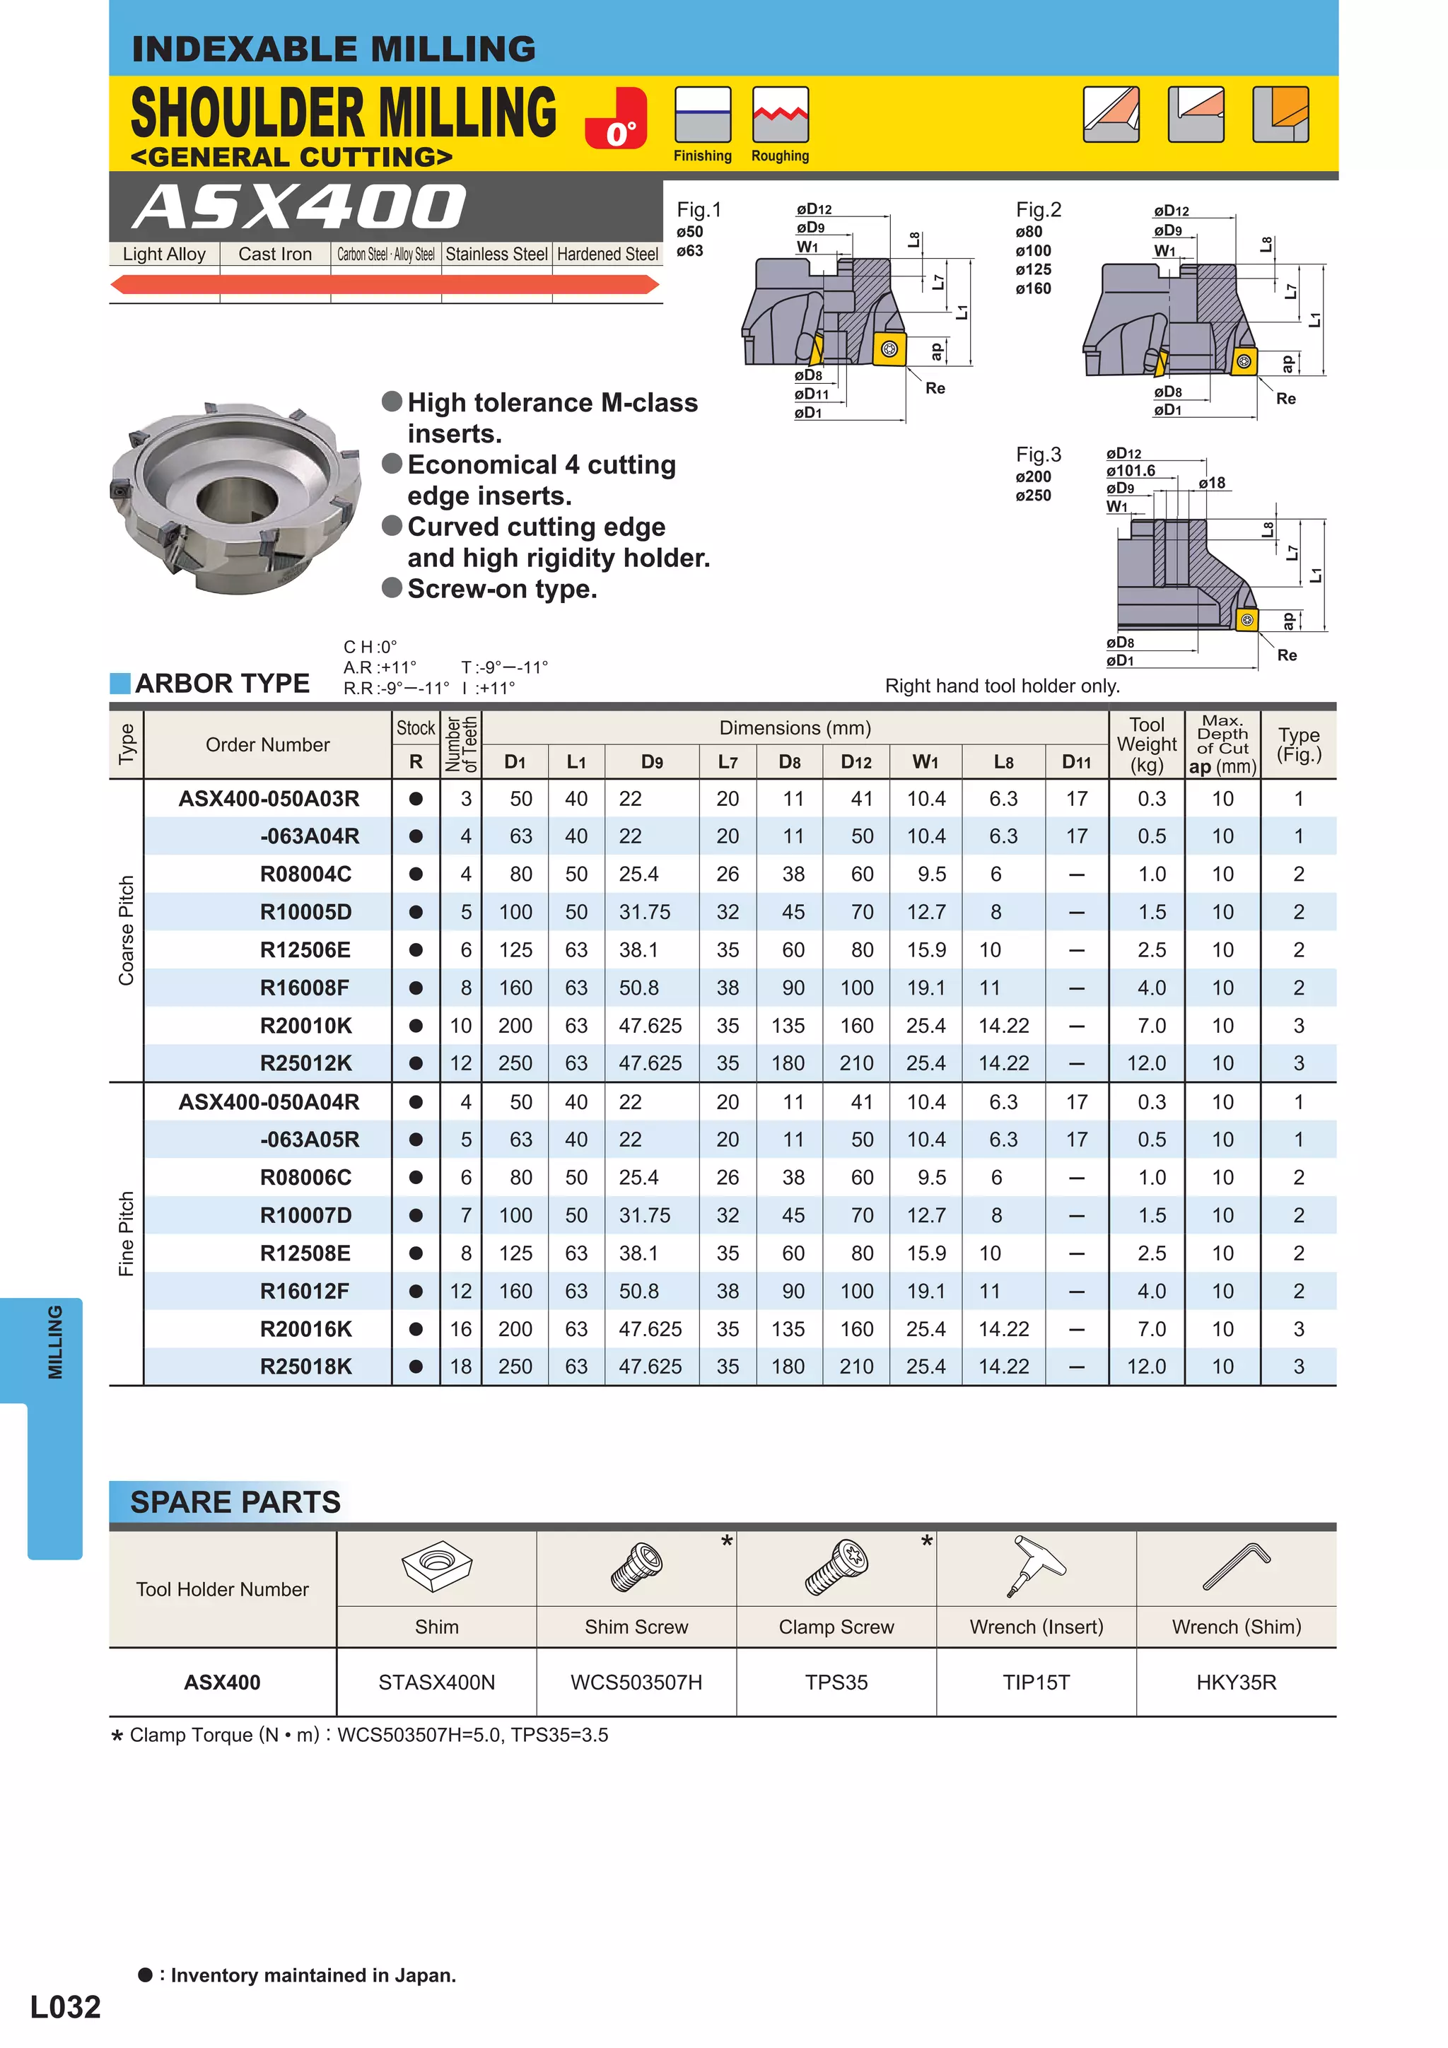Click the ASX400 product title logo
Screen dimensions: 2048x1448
pos(300,207)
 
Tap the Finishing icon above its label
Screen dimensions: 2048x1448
pos(702,115)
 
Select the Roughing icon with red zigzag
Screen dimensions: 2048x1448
pos(780,115)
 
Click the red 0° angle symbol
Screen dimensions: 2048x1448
pos(617,119)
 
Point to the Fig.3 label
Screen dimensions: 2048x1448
pos(1038,454)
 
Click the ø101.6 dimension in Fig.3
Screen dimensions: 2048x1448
pos(1130,470)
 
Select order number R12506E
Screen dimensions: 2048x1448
pos(305,950)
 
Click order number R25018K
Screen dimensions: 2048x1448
pos(305,1367)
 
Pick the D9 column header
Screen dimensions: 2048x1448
pos(651,762)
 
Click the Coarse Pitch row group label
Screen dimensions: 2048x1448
pos(126,930)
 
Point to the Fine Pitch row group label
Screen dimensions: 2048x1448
pos(126,1234)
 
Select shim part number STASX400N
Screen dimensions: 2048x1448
pos(436,1683)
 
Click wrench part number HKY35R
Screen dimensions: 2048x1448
pos(1236,1683)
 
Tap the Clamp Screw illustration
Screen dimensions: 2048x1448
pos(836,1568)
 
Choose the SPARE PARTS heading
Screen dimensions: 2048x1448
pos(235,1502)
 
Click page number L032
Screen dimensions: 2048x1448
pos(65,2007)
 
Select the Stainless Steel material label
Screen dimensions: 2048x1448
pos(496,254)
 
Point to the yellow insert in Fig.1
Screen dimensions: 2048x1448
pos(889,349)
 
